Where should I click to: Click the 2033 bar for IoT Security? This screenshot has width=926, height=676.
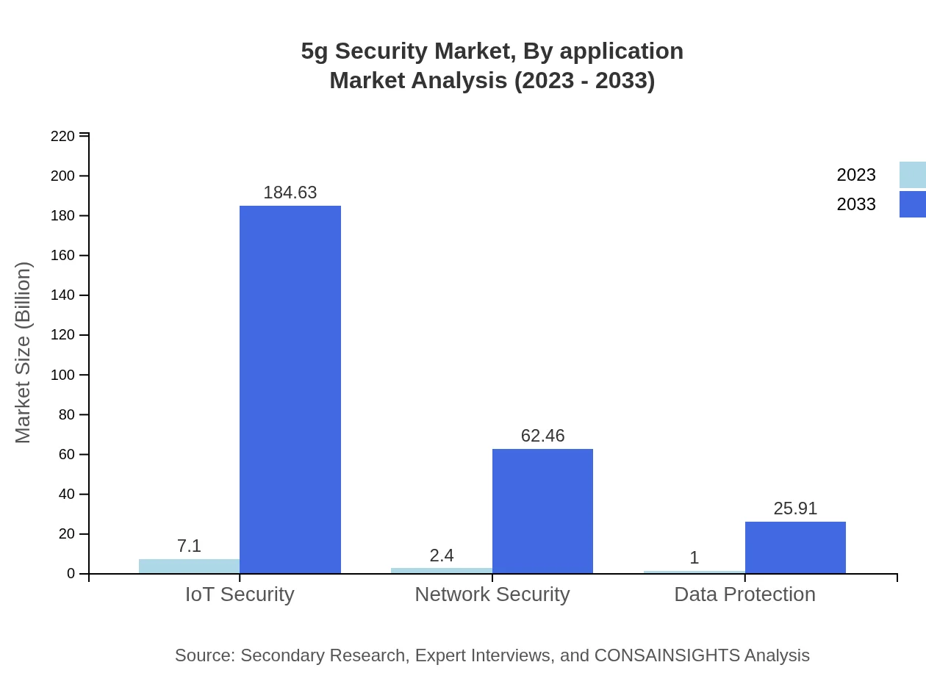pos(290,389)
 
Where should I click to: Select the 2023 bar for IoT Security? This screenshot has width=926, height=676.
pos(189,566)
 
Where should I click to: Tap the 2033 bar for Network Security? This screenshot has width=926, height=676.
pos(542,511)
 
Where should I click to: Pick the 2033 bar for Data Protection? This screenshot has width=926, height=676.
pos(795,547)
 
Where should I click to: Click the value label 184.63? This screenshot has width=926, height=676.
pos(290,193)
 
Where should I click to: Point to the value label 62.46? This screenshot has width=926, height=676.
pos(542,436)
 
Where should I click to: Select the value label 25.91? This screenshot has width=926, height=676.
pos(795,508)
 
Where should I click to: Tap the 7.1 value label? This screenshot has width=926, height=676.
pos(189,546)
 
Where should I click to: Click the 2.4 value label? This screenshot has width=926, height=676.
pos(442,555)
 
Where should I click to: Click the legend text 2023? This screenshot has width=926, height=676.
pos(856,175)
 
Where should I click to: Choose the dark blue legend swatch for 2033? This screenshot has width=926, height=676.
pos(913,204)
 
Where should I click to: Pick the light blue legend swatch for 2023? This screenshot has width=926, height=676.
pos(913,175)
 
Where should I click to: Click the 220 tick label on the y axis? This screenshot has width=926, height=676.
pos(62,136)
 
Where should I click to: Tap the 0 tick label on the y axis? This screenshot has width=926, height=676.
pos(71,574)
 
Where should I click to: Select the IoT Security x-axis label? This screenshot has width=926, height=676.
pos(240,594)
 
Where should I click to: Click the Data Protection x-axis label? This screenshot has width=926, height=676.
pos(744,594)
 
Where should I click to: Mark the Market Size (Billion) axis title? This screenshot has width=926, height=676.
pos(24,353)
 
